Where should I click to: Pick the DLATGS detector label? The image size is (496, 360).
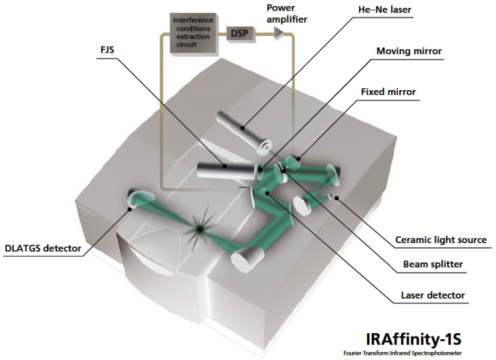(x=42, y=249)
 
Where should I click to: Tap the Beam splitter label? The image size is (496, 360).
(x=435, y=264)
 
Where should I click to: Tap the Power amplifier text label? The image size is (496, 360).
(x=286, y=14)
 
